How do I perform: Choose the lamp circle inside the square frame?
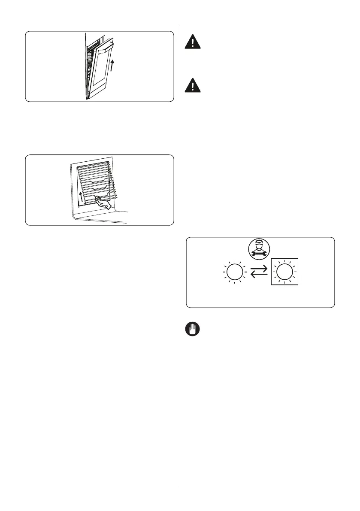(285, 272)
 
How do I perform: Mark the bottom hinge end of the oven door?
(88, 97)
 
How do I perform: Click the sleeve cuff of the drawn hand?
(110, 206)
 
